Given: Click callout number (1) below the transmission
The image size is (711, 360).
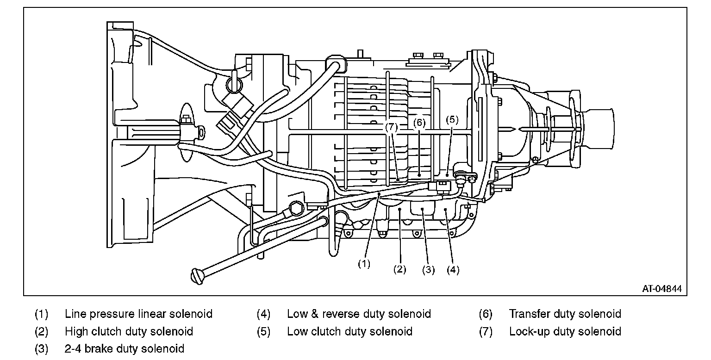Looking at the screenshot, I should tap(364, 264).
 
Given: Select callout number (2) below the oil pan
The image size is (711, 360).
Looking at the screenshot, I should tap(400, 269).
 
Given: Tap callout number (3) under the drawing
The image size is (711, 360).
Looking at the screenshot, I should tap(429, 270).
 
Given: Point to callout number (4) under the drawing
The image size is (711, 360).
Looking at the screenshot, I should tap(453, 270).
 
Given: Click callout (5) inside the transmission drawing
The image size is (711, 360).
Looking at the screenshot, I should tap(452, 119).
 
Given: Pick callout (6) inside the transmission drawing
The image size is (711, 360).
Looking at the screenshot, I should tap(419, 123).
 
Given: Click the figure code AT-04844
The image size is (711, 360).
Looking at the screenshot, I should tap(661, 289).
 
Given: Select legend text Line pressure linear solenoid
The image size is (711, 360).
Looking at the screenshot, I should tap(138, 314).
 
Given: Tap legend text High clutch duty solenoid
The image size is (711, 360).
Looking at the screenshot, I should tap(129, 331).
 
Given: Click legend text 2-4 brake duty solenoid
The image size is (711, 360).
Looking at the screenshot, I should tap(125, 348).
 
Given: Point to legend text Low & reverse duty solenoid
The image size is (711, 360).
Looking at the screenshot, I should tap(359, 314).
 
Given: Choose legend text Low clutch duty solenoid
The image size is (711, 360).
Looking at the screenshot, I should tap(349, 331).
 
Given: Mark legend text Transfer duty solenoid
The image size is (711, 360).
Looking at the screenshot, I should tap(565, 314).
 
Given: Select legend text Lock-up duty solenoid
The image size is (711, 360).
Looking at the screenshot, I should tap(565, 331).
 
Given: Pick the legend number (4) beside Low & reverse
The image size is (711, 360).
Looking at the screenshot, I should tap(263, 314).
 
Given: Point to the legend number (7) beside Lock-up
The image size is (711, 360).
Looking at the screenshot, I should tap(486, 331).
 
